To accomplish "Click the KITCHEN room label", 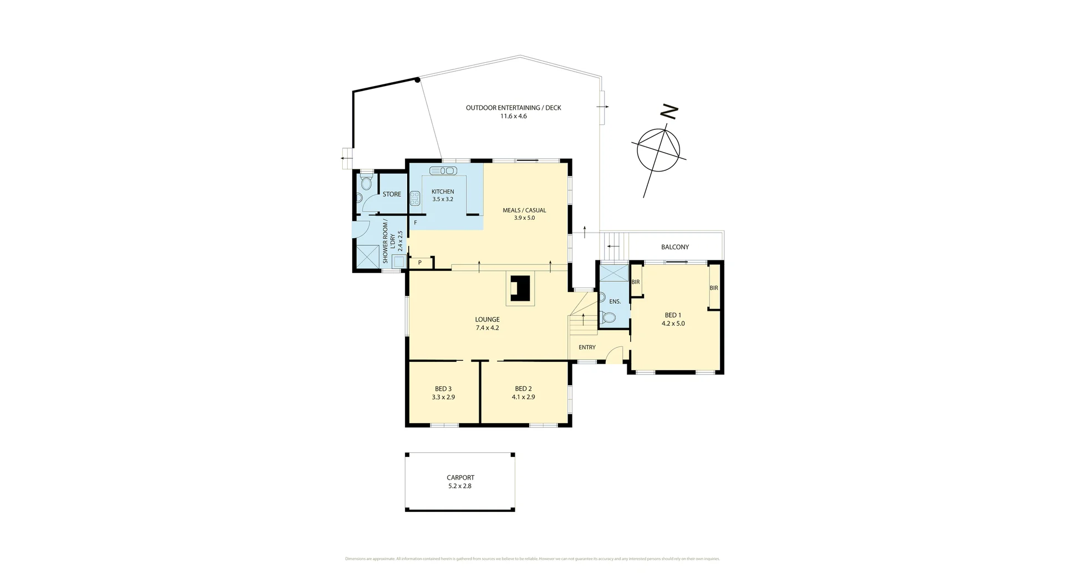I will (x=443, y=192).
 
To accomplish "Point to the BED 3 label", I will (x=443, y=389).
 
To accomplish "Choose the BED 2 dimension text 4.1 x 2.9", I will (x=523, y=397).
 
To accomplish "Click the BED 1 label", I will (x=673, y=315).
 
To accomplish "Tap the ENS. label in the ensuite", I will (x=615, y=301).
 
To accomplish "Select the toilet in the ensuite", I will (x=608, y=318).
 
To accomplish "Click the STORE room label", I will (x=392, y=194).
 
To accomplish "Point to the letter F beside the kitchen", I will (x=415, y=223).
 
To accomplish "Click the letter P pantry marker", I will (x=420, y=263).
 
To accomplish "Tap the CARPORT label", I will (x=460, y=477).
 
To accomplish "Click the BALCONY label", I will (x=675, y=247).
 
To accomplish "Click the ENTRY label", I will (x=587, y=348).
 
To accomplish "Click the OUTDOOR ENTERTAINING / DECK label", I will (x=513, y=108).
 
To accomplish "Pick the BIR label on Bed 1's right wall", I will (x=714, y=288).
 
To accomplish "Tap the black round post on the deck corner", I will (x=417, y=79).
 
